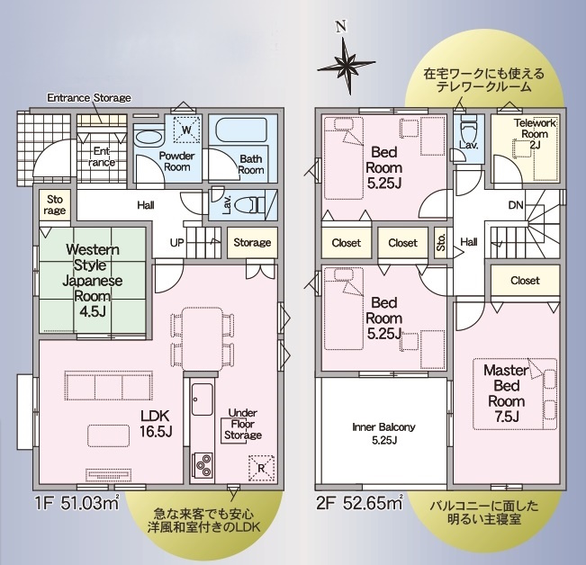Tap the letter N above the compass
pyautogui.click(x=340, y=26)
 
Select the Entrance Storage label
pyautogui.click(x=89, y=98)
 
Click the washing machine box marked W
pyautogui.click(x=186, y=130)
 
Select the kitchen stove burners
pyautogui.click(x=203, y=465)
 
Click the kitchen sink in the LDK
pyautogui.click(x=203, y=399)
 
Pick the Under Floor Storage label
pyautogui.click(x=242, y=424)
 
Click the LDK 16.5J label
pyautogui.click(x=156, y=423)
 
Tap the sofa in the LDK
pyautogui.click(x=109, y=385)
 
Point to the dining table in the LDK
pyautogui.click(x=203, y=338)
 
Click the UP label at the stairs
pyautogui.click(x=176, y=243)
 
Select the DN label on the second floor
pyautogui.click(x=516, y=205)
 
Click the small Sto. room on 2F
pyautogui.click(x=441, y=243)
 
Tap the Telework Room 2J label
pyautogui.click(x=535, y=134)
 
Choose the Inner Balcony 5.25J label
pyautogui.click(x=383, y=434)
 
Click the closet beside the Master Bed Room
pyautogui.click(x=525, y=280)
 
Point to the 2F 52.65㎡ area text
pyautogui.click(x=359, y=504)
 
